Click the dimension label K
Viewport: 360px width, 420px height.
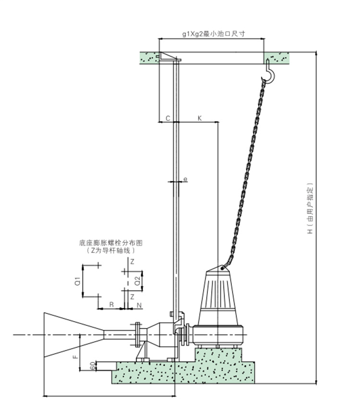click(199, 118)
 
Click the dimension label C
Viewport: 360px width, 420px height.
click(168, 118)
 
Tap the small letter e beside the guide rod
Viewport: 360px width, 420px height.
click(185, 179)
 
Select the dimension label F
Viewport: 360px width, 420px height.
click(74, 357)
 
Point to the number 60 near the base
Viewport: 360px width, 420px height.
click(92, 366)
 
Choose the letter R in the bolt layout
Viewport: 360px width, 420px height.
click(111, 304)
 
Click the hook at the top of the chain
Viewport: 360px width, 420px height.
click(270, 72)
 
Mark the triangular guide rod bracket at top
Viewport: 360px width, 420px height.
click(168, 57)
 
